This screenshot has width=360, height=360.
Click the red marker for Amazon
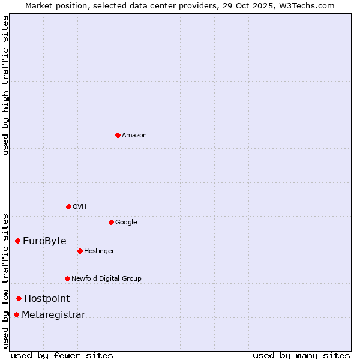click(x=118, y=135)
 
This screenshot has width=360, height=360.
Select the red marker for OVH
click(x=68, y=206)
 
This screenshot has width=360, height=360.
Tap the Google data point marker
click(x=111, y=222)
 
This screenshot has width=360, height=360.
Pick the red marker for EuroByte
click(x=18, y=241)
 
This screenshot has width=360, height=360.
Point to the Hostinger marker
click(x=80, y=251)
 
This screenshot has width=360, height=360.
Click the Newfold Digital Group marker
click(x=67, y=278)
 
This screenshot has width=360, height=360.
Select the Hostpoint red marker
click(x=19, y=298)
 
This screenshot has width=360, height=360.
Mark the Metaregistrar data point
click(x=17, y=314)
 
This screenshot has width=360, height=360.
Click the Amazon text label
click(x=134, y=135)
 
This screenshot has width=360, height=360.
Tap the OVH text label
click(x=80, y=206)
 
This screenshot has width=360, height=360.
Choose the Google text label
click(x=126, y=222)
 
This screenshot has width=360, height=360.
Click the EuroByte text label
click(x=44, y=241)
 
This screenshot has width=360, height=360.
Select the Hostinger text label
click(x=99, y=251)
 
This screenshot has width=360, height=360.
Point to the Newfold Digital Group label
click(x=106, y=278)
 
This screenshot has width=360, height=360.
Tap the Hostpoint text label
click(x=47, y=298)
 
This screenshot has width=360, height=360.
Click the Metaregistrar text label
click(x=53, y=314)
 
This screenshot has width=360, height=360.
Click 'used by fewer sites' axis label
click(x=62, y=355)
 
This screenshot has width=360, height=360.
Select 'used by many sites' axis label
click(x=301, y=355)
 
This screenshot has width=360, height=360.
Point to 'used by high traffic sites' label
click(x=5, y=85)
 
